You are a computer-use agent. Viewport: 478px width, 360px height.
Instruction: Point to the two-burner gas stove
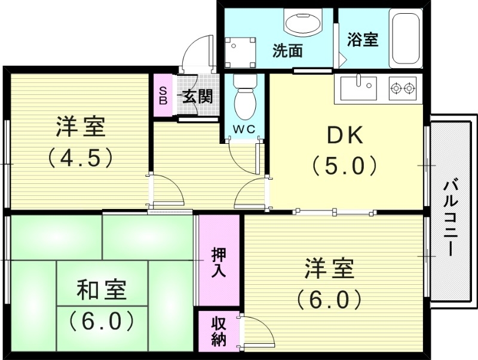click(402, 89)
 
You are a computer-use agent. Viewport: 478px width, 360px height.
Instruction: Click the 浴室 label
click(363, 40)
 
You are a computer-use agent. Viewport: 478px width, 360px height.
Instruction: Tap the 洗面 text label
click(288, 51)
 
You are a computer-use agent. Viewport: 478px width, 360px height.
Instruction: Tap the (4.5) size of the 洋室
click(80, 158)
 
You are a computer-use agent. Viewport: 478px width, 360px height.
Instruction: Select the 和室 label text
click(101, 291)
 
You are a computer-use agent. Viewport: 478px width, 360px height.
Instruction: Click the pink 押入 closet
click(219, 261)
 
